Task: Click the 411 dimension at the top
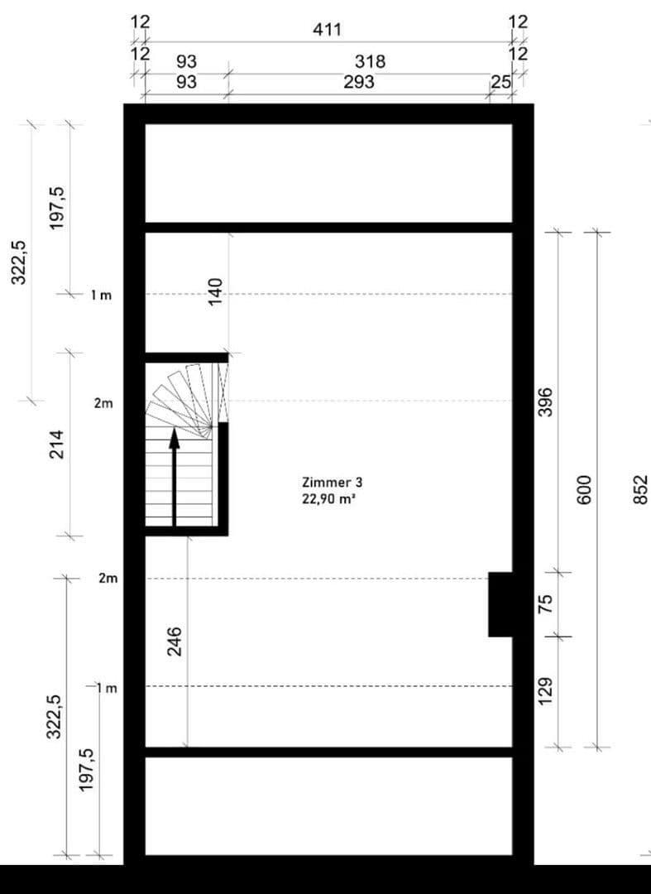click(x=327, y=30)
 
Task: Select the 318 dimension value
click(x=370, y=62)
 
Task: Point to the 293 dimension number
click(x=359, y=82)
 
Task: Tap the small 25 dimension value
click(x=500, y=82)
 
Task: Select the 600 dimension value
click(x=584, y=489)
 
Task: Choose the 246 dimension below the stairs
click(x=175, y=642)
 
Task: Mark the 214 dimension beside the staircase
click(x=57, y=445)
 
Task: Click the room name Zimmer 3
click(x=332, y=482)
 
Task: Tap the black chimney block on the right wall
click(x=500, y=604)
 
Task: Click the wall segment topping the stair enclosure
click(x=187, y=358)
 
